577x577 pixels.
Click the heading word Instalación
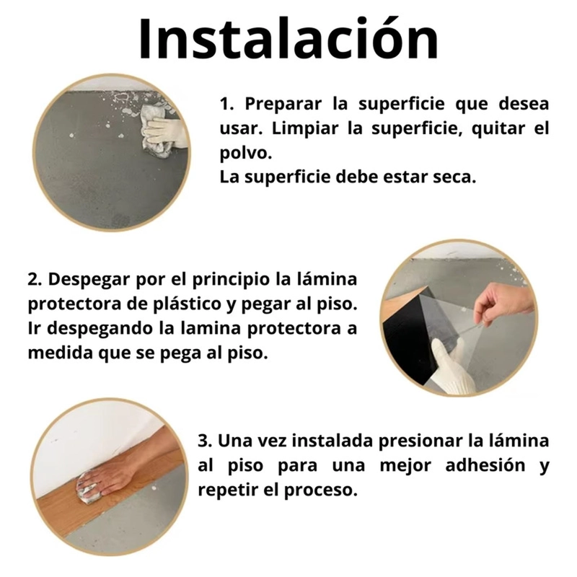click(288, 39)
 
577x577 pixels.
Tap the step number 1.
click(226, 104)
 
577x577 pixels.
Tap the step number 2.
click(35, 280)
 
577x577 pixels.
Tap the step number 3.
click(205, 441)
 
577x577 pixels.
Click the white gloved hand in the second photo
click(452, 366)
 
